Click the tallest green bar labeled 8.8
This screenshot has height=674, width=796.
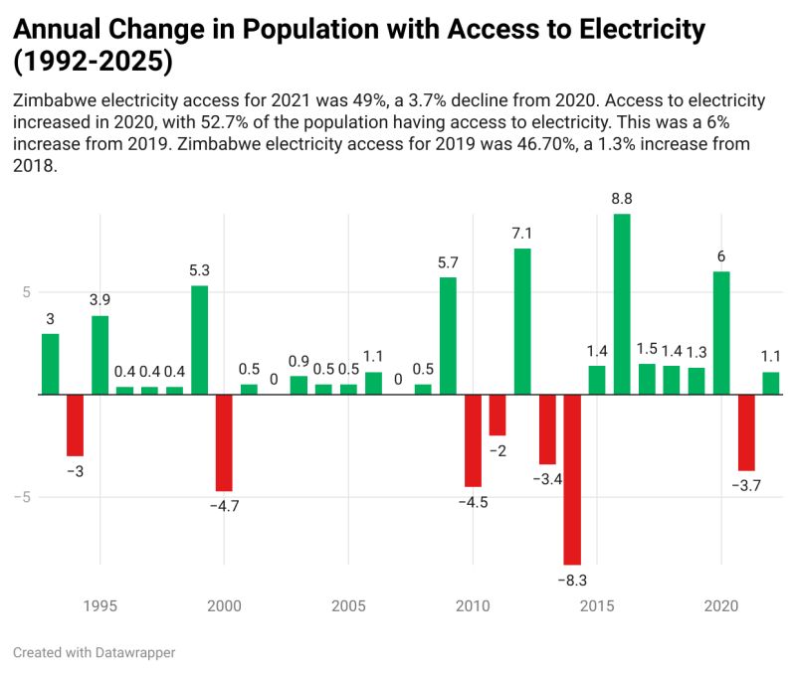[622, 303]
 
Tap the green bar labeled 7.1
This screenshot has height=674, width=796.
[522, 321]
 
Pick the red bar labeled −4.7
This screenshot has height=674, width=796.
[224, 442]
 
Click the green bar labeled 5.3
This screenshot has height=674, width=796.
[199, 340]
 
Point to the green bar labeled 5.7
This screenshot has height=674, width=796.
[448, 336]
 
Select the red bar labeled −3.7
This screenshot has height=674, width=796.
[746, 432]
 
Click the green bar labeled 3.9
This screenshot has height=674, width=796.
[99, 355]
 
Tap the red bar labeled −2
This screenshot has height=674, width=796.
[497, 415]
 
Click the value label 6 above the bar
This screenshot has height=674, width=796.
[721, 256]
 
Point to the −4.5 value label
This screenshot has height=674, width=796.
[473, 502]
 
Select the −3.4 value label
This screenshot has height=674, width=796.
[547, 479]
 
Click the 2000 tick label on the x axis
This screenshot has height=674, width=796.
[224, 605]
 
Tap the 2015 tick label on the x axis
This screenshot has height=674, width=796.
[597, 605]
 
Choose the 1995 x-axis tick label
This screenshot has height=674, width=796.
[99, 605]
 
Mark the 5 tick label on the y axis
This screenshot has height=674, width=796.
[27, 292]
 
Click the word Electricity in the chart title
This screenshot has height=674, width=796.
[636, 30]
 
